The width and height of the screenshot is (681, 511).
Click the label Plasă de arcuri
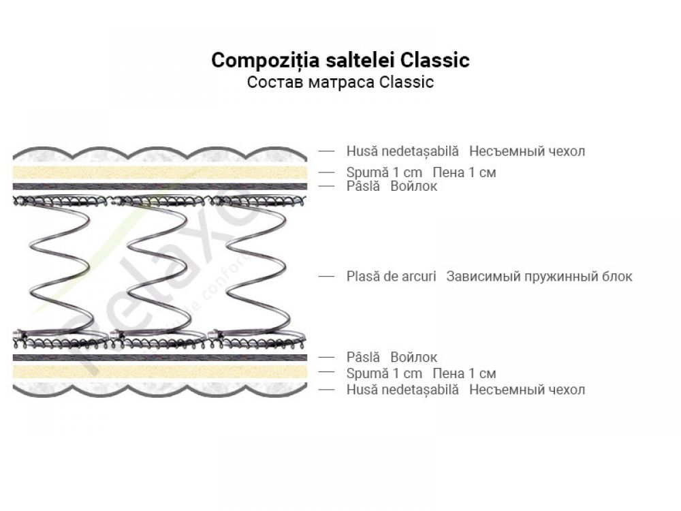coord(391,277)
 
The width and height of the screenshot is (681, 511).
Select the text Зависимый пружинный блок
coord(539,277)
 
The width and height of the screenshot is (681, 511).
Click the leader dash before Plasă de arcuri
coord(327,277)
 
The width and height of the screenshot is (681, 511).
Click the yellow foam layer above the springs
coord(159,172)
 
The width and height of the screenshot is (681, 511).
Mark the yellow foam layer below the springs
coord(159,372)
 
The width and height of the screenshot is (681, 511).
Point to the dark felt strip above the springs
coord(159,186)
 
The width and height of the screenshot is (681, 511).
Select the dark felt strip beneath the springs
coord(159,357)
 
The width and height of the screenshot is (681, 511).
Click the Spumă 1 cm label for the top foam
coord(384,172)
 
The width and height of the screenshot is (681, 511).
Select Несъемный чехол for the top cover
coord(527,151)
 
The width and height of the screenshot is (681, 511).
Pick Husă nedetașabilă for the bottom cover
coord(402,390)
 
